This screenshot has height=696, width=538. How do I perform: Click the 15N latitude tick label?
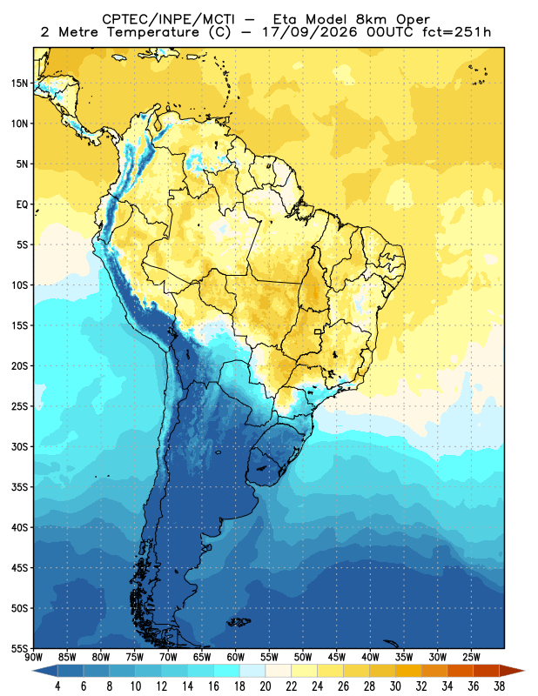pos(19,84)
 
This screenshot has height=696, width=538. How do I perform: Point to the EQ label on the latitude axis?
pos(23,204)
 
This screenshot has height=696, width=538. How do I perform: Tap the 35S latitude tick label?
pos(19,487)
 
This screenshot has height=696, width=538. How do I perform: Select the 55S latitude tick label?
pos(19,649)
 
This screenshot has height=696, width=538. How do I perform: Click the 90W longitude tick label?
pos(34,658)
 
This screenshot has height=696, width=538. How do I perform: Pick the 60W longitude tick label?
pos(235,658)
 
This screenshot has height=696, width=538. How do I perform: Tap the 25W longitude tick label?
pos(471,658)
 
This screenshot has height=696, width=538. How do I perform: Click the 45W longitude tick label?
pos(337,658)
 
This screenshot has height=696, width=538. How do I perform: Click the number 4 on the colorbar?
pos(57,686)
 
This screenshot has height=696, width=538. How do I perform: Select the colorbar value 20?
pos(266,686)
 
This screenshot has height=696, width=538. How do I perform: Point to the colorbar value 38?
pos(499,686)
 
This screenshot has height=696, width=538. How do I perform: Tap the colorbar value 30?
pos(395,686)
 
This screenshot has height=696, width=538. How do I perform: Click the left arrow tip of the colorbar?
pos(33,671)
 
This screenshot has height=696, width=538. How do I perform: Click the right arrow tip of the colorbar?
pos(525,671)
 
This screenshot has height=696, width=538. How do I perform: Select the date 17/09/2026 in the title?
pos(310,32)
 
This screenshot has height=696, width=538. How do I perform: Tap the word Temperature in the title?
pos(153,32)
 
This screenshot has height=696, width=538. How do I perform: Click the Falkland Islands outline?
pos(239,622)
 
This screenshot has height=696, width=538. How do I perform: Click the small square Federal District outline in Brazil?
pos(318,331)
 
